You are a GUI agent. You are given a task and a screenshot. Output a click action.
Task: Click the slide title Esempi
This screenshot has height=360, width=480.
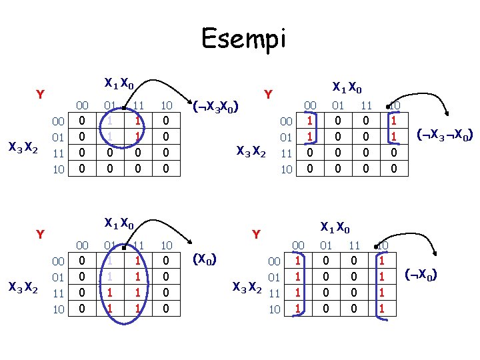tap(243, 39)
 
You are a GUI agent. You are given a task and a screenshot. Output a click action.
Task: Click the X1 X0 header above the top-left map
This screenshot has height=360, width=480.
tap(119, 84)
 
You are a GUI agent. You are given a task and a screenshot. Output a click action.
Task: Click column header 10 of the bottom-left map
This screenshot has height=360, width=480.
tap(167, 245)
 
